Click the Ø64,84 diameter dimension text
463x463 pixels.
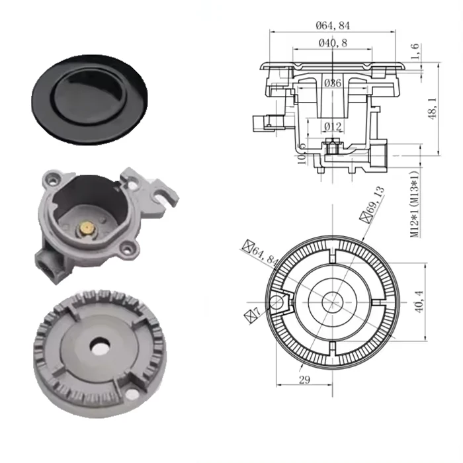pos(333,25)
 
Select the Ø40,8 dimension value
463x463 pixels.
pos(333,42)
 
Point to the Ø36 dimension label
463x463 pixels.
pos(333,83)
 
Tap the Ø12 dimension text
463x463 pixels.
pos(333,126)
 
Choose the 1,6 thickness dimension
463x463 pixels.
pos(415,52)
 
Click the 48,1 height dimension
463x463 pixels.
pos(433,110)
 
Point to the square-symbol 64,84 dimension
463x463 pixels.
pos(261,253)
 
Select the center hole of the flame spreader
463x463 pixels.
pos(100,345)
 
